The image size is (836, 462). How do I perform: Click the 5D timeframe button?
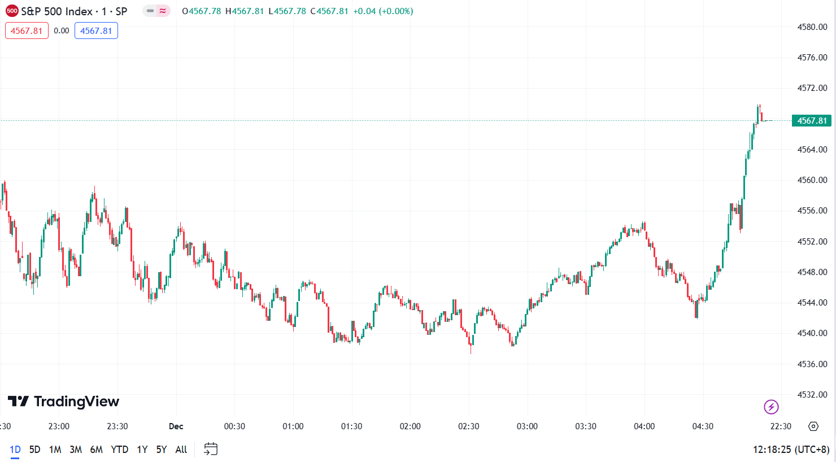tap(34, 450)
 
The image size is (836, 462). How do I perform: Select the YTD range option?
tap(119, 450)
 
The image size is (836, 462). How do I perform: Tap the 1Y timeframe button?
tap(142, 450)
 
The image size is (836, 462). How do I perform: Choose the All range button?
tap(181, 450)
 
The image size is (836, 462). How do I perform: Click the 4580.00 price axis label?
tap(812, 27)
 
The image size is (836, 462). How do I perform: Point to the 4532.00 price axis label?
tap(812, 395)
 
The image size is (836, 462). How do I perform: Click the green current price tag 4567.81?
tap(812, 121)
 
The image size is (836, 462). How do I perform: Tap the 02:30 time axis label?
tap(468, 426)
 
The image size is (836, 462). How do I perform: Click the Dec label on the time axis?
tap(176, 426)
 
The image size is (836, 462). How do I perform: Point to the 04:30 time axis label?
tap(703, 426)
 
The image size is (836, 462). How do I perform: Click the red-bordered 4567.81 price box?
tap(27, 30)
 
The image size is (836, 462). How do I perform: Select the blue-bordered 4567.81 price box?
tap(96, 30)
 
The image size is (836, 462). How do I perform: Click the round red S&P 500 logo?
tap(12, 11)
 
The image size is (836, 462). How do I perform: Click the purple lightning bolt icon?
tap(771, 407)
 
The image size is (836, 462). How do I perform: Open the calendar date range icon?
tap(211, 450)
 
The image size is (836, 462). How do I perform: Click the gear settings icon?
tap(813, 426)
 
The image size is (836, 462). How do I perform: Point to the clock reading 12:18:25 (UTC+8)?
tap(791, 450)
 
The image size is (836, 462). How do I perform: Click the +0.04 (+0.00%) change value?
tap(383, 11)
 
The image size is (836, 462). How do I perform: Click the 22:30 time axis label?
tap(781, 426)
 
